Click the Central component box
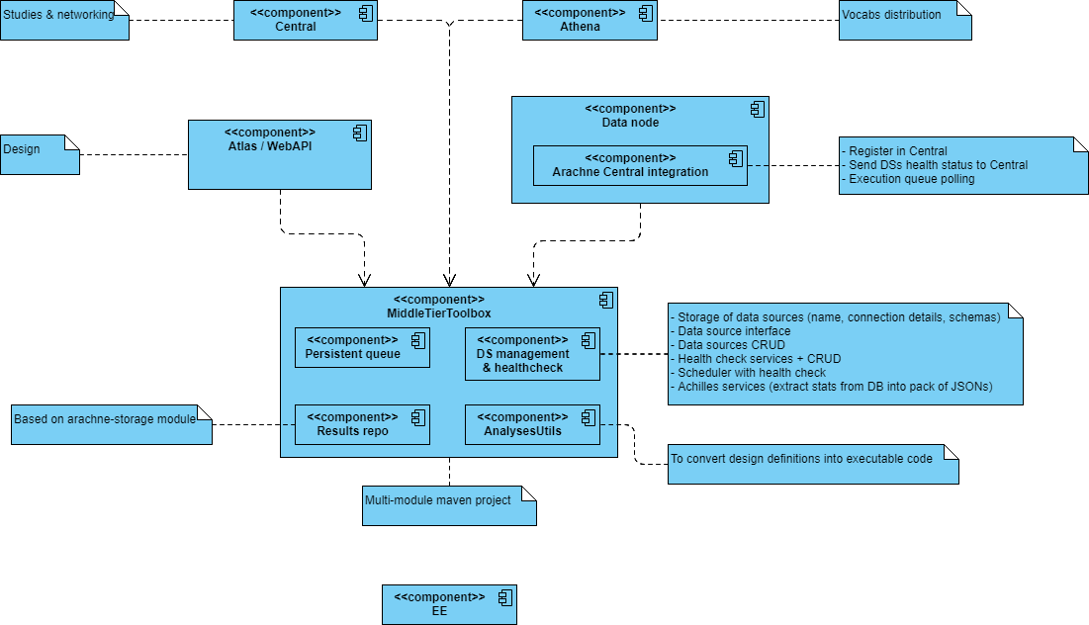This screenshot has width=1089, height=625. tap(305, 21)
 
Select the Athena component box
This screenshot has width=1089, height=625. tap(589, 21)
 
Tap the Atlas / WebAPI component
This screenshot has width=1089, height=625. tap(279, 154)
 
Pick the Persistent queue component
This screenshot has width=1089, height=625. tap(362, 347)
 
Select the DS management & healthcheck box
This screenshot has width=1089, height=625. tap(532, 354)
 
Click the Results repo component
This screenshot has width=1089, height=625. tap(362, 424)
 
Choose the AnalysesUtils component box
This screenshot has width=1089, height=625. tap(532, 424)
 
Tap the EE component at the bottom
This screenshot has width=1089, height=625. tap(449, 604)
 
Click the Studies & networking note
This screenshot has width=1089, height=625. tap(64, 21)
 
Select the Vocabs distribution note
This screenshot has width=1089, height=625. tap(904, 21)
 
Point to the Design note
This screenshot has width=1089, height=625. tap(40, 154)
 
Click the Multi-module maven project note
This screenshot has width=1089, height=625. tap(448, 505)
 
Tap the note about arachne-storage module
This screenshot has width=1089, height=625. tap(111, 424)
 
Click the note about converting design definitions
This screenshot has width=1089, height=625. tap(813, 464)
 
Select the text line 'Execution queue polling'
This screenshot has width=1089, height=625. tap(911, 179)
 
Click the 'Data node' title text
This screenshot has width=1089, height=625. tap(630, 123)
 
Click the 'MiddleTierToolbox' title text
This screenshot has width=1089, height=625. tap(438, 313)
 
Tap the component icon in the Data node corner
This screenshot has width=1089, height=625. tap(758, 109)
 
